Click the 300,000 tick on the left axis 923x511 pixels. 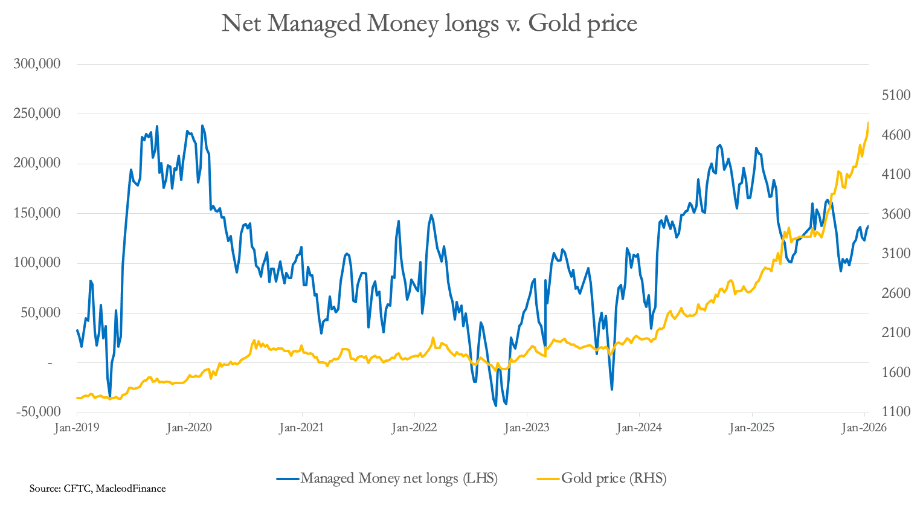point(37,64)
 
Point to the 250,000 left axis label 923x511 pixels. point(37,114)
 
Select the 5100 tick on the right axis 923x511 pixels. point(896,95)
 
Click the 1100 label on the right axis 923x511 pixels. point(896,412)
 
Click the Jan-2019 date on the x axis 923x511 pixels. point(77,428)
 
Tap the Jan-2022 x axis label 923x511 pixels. point(414,428)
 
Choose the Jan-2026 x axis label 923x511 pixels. point(864,428)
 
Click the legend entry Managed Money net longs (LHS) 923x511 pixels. point(399,478)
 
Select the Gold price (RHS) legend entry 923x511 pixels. point(614,478)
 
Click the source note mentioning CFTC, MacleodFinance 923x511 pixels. point(97,488)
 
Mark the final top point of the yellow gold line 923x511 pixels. point(868,123)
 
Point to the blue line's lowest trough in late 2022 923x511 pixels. point(496,405)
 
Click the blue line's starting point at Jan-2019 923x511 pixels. point(77,330)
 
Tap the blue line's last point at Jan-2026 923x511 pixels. point(868,226)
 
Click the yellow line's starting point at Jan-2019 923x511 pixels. point(77,398)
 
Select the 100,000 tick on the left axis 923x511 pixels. point(37,263)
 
